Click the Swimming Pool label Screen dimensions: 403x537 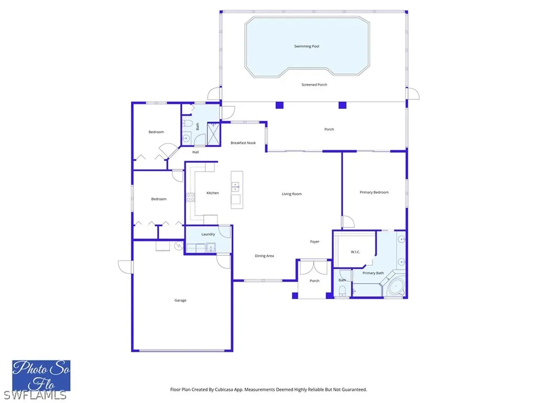tap(307, 47)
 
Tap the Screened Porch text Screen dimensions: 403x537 tap(314, 85)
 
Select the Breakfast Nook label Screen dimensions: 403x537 tap(243, 143)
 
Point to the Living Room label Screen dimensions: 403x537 tap(292, 194)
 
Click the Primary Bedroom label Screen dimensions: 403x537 tap(374, 193)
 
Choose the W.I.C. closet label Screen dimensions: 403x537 tap(355, 252)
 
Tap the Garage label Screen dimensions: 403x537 tap(180, 301)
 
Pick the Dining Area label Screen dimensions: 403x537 tap(264, 256)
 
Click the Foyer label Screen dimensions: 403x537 tap(315, 242)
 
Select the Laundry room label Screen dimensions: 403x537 tap(208, 235)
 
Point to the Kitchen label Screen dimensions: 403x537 tap(212, 193)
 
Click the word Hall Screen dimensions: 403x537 tap(196, 153)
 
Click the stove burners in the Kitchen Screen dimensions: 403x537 tap(190, 198)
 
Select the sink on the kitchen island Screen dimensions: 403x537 tap(235, 186)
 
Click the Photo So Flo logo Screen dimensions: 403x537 tap(41, 375)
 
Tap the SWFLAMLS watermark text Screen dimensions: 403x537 tap(34, 395)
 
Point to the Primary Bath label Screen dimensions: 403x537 tap(373, 273)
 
